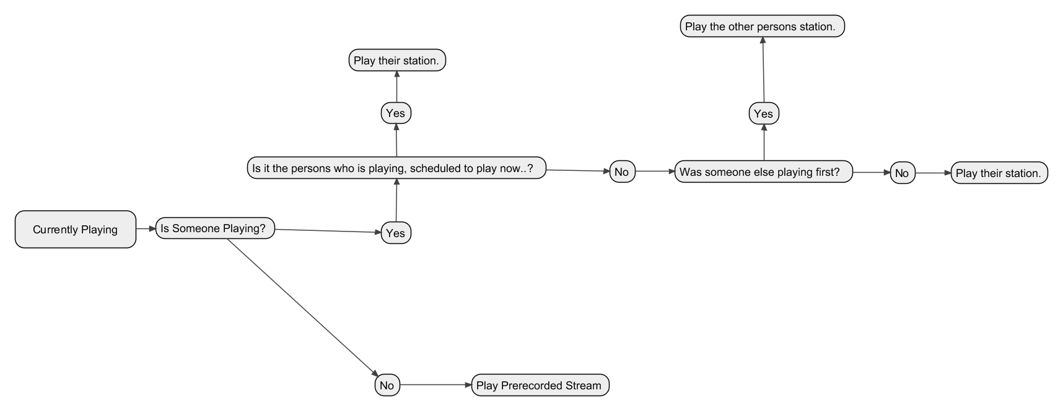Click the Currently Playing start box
76,230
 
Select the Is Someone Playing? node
215,228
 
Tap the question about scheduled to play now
396,168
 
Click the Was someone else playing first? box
764,172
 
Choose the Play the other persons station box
763,27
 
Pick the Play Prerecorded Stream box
540,385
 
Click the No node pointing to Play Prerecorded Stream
387,385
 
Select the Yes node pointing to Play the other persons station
764,113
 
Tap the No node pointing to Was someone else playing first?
622,172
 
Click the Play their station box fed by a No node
999,173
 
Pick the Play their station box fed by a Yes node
397,60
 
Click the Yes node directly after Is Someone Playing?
396,233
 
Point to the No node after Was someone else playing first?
903,173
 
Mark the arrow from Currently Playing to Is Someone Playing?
146,229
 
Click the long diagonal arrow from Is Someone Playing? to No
303,307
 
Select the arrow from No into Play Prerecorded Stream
436,385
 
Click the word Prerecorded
534,385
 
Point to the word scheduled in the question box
435,168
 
